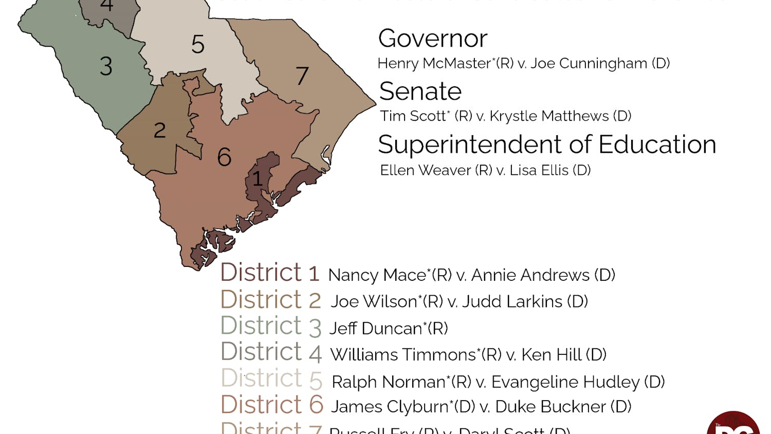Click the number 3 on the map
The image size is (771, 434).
pos(106,66)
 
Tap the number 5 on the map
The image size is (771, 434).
pos(198,44)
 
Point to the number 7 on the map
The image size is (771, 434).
pos(302,76)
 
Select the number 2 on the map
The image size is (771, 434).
pos(160,131)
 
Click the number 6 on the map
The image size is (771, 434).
pos(224,157)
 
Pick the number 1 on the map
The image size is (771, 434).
pos(258,179)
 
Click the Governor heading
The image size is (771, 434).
pos(432,39)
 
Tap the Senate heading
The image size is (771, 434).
pos(420,92)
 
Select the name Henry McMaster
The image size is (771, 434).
pos(435,63)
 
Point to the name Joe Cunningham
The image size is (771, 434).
pos(589,63)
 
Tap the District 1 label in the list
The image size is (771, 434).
pos(270,273)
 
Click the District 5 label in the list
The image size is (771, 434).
pos(271,379)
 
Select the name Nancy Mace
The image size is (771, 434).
pos(377,275)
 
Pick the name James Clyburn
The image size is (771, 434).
pos(390,407)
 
